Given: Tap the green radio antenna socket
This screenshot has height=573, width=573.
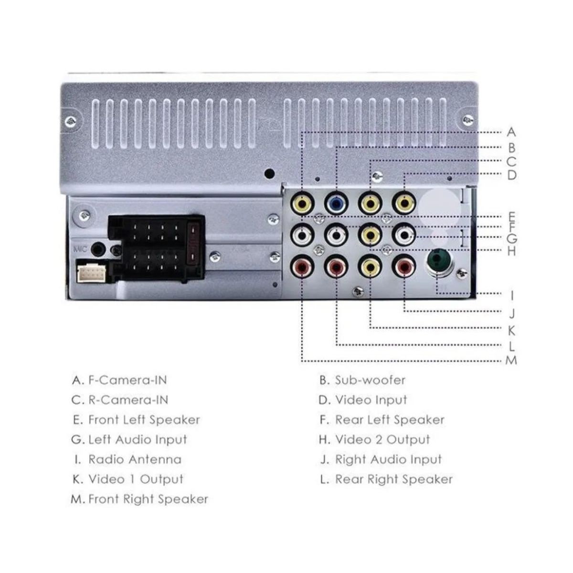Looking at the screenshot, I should (438, 262).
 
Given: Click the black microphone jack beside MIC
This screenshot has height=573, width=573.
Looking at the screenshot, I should (98, 249).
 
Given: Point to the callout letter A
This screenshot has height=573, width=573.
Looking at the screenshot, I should (511, 132).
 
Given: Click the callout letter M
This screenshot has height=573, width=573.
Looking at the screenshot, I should (511, 360).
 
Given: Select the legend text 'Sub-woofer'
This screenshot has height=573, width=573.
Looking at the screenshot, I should (370, 381).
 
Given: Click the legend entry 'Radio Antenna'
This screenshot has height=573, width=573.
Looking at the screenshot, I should (135, 460).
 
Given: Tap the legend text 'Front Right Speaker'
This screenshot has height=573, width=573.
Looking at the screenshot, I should (148, 499).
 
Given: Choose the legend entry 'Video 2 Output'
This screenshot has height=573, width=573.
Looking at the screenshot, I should (382, 440).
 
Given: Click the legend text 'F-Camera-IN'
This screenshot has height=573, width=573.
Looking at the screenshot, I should (127, 381).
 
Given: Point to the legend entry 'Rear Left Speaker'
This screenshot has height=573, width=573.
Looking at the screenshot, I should (390, 420).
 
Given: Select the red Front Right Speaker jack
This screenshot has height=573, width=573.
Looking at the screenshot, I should (303, 267).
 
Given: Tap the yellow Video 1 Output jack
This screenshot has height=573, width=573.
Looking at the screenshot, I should (371, 267).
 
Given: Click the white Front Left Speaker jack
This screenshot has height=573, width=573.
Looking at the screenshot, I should (303, 235).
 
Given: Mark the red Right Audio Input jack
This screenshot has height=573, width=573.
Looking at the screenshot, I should (404, 267).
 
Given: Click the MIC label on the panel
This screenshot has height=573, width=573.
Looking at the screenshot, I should (80, 249).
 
